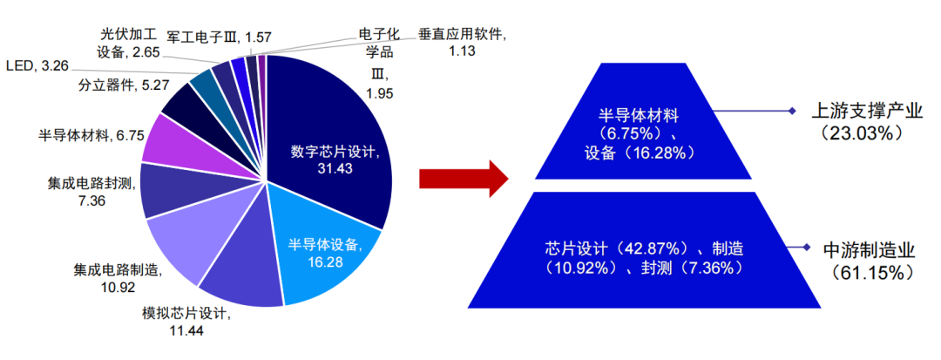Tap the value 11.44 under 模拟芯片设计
(x=184, y=329)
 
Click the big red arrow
(x=463, y=179)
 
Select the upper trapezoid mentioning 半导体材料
(x=643, y=121)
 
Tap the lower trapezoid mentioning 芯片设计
(x=643, y=250)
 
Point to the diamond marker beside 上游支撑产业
(x=791, y=111)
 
